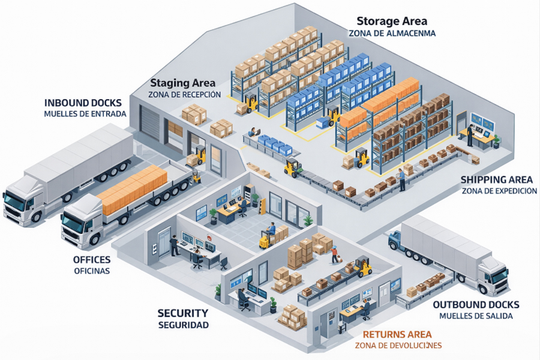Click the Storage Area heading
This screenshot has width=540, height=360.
(392, 22)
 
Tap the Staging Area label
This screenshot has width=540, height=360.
(182, 83)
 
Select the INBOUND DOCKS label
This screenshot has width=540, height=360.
(83, 103)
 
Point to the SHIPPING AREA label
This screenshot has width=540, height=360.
(496, 179)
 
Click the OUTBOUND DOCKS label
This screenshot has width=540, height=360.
(476, 305)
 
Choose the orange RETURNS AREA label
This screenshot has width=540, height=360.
(397, 334)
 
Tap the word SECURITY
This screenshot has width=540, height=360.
(183, 313)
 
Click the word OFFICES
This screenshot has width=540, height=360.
(92, 260)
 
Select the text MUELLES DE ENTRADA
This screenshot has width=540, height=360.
(85, 113)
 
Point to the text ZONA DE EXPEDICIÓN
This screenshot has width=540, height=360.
(499, 191)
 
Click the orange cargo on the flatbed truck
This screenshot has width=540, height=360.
(132, 189)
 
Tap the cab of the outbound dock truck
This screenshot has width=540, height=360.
(494, 275)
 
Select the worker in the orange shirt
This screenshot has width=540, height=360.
(334, 254)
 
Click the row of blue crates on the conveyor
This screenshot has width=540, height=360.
(275, 145)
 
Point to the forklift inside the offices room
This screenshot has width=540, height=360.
(267, 238)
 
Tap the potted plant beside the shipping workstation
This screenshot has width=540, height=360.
(496, 142)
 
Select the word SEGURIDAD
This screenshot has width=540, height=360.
(184, 325)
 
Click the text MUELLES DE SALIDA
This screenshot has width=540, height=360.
(476, 316)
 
